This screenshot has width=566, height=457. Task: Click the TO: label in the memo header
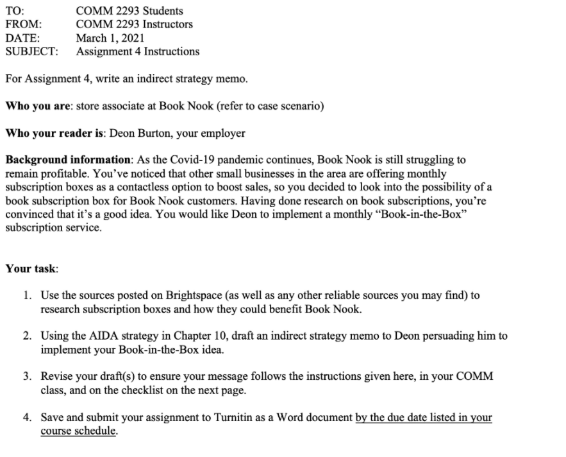point(14,11)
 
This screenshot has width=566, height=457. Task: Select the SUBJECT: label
point(31,51)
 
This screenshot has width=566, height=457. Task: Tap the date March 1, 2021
point(110,38)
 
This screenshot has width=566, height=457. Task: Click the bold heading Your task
point(31,268)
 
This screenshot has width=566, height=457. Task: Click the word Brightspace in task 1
point(195,296)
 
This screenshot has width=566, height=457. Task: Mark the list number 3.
point(27,377)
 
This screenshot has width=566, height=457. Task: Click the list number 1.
point(27,296)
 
